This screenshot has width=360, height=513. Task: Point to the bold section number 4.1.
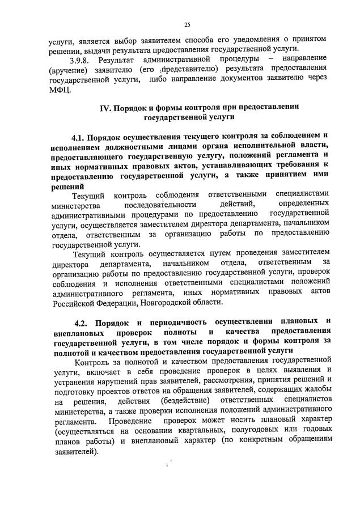[x=81, y=136]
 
